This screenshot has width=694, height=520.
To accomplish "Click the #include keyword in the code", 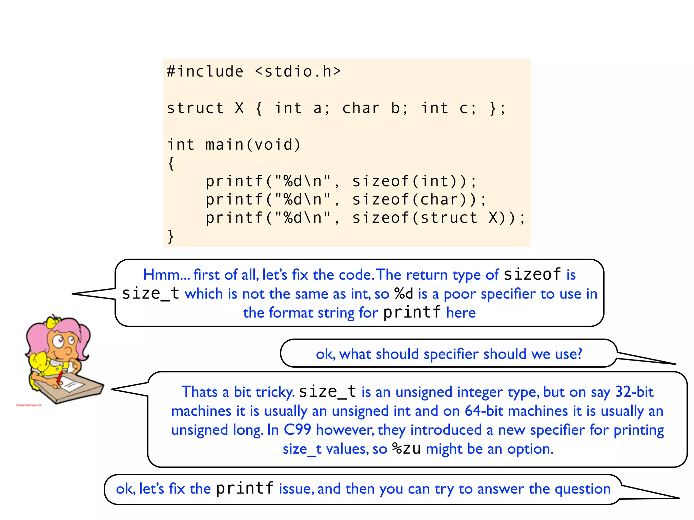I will click(x=205, y=72).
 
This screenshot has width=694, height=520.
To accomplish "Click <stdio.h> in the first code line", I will click(x=298, y=72).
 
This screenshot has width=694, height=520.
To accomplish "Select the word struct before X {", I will click(x=195, y=108).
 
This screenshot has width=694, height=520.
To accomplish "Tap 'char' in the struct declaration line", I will click(x=361, y=108).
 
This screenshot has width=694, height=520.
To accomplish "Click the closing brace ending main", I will click(x=170, y=236).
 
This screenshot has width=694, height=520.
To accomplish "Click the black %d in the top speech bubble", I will click(x=404, y=294).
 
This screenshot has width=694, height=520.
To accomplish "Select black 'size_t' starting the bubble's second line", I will click(x=150, y=293).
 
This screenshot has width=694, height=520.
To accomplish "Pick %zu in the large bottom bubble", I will click(x=406, y=449).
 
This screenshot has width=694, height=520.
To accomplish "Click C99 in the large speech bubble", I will click(x=297, y=430).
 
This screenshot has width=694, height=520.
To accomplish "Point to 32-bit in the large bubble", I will click(x=634, y=392).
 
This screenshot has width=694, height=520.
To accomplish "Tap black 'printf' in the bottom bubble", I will click(x=245, y=489).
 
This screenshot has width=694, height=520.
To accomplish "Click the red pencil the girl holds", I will click(x=60, y=377).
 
